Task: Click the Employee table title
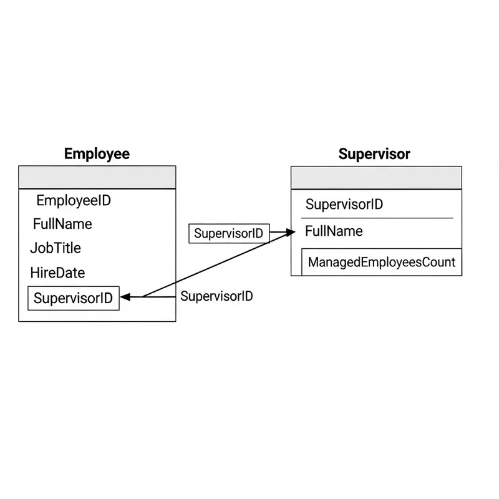(x=97, y=153)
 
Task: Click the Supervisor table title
(x=374, y=153)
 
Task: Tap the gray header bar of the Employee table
(x=97, y=177)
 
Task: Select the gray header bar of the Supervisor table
(x=376, y=178)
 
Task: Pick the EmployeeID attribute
(x=74, y=201)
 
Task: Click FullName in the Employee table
(x=62, y=224)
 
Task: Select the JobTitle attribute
(x=56, y=248)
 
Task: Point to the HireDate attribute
(x=57, y=273)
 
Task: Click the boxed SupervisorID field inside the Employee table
(x=74, y=298)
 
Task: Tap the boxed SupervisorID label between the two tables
(x=229, y=234)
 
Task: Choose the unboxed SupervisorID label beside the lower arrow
(x=216, y=296)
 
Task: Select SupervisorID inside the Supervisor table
(x=344, y=205)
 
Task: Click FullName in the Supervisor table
(x=334, y=231)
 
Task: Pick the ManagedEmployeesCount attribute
(x=381, y=262)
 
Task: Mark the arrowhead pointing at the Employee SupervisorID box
(x=124, y=298)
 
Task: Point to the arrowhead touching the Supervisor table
(x=290, y=233)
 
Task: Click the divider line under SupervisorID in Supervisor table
(x=377, y=218)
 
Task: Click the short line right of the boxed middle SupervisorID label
(x=278, y=233)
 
